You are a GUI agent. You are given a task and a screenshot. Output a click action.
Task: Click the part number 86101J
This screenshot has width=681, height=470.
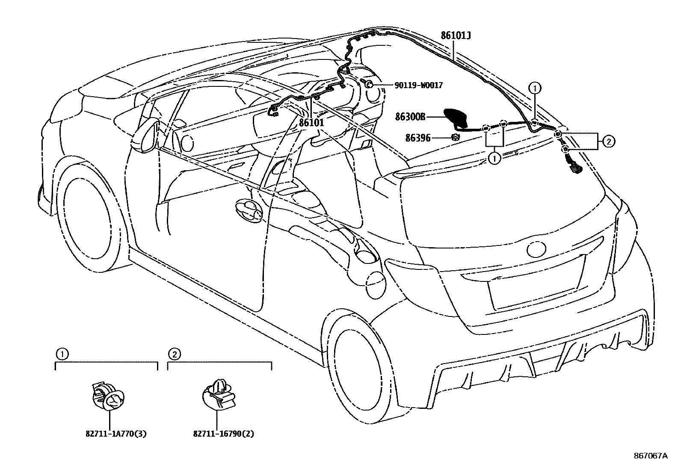click(456, 35)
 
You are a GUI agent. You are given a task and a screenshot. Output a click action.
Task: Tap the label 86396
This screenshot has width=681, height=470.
click(417, 138)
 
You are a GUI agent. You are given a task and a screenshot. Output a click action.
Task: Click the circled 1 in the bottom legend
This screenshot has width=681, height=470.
click(62, 354)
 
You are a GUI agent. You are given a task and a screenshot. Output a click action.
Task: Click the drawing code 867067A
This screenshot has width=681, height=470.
click(650, 456)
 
